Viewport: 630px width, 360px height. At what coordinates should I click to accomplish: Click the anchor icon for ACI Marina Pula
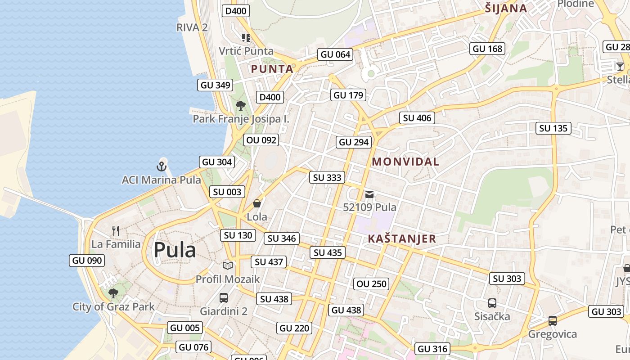162,166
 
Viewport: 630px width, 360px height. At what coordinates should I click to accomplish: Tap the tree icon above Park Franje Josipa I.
241,106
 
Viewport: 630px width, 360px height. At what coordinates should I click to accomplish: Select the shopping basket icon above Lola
257,203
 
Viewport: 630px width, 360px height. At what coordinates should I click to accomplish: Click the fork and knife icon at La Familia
116,231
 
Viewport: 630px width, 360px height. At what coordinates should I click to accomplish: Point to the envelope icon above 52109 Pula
369,194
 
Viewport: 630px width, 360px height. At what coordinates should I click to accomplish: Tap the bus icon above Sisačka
492,303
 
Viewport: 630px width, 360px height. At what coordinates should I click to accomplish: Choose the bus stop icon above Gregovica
553,321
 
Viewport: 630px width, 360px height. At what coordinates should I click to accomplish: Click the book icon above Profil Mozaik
228,265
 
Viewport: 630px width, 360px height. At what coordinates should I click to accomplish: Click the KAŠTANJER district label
402,238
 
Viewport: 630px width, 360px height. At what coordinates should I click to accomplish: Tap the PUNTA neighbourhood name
272,69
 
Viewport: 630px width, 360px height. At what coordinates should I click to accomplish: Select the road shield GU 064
335,54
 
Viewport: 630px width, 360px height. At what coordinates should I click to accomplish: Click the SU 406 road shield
417,118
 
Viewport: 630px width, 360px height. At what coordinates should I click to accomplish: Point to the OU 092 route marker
261,140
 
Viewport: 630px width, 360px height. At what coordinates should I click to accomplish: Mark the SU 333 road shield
327,177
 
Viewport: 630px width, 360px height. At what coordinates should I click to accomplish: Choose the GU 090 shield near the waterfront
87,260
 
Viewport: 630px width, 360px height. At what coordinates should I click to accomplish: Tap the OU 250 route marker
371,283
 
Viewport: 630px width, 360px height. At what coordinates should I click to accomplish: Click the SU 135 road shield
553,128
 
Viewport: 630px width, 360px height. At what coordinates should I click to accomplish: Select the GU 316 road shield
432,349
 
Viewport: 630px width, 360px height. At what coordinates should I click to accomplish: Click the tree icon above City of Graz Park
113,293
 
